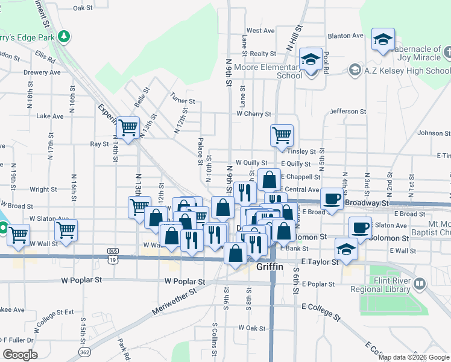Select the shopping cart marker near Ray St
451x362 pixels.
click(x=128, y=129)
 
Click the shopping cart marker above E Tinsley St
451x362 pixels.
click(x=282, y=136)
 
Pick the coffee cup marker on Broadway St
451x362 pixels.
click(x=331, y=198)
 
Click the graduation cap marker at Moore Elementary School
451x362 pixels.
click(x=311, y=60)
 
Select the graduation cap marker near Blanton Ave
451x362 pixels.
click(x=382, y=40)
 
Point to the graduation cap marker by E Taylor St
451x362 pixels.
click(x=346, y=249)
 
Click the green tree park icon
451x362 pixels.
click(x=64, y=37)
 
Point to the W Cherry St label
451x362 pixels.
click(x=254, y=113)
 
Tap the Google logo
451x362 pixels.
click(x=20, y=355)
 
